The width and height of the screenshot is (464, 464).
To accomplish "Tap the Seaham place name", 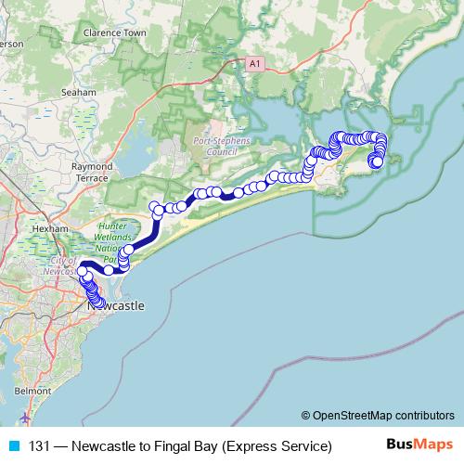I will coord(78,93).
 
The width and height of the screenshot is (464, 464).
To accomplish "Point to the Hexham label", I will coord(49,227).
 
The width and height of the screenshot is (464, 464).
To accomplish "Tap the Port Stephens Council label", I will coord(216,146).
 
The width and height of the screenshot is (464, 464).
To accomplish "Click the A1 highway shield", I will coord(255,62).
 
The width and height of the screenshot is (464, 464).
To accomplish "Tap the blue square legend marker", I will coord(13,445).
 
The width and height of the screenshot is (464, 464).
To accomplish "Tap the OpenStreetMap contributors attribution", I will coord(383,415).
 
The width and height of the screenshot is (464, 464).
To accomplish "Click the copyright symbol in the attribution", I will coord(305,415).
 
